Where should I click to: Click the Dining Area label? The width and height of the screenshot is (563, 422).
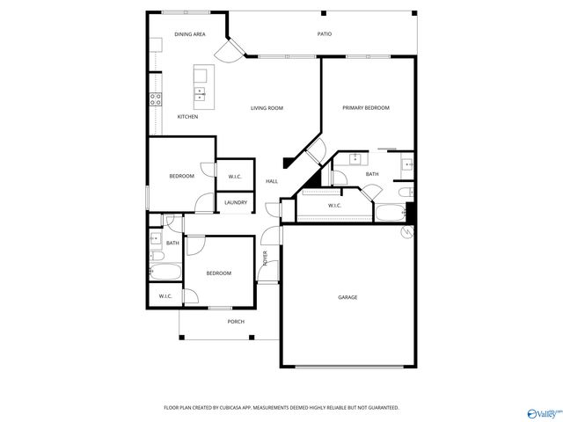tap(189, 34)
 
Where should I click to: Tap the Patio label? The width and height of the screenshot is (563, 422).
tap(325, 34)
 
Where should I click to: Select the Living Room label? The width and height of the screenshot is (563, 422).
tap(267, 108)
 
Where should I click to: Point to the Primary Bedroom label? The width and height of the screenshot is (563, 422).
tap(366, 107)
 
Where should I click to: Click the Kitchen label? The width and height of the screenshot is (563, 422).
tap(187, 117)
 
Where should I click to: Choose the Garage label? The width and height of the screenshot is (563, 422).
tap(347, 297)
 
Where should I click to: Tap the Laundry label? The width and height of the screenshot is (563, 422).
tap(235, 203)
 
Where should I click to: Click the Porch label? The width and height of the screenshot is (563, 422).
tap(236, 322)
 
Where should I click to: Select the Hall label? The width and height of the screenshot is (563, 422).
tap(272, 181)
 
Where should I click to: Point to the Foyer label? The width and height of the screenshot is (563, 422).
tap(265, 258)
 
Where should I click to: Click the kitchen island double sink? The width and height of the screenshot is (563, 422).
tap(201, 91)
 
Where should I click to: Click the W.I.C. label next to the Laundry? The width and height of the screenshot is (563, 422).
tap(235, 177)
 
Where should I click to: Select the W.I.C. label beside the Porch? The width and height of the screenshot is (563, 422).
tap(165, 296)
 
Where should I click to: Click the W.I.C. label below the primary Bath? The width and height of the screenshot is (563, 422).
tap(334, 206)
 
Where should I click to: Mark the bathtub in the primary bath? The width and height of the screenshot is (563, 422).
tap(388, 211)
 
